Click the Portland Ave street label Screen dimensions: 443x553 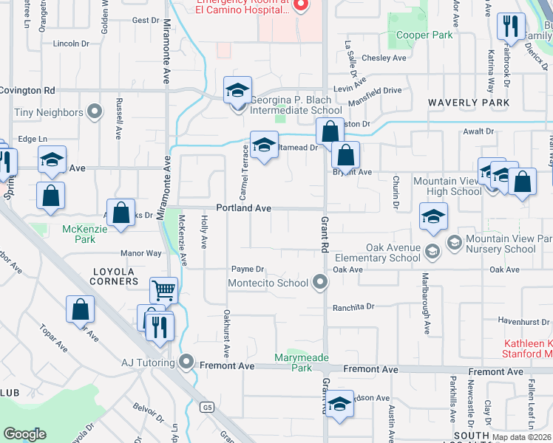243,208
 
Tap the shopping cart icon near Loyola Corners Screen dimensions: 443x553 163,289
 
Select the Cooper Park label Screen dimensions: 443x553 424,35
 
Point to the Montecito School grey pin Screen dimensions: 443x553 319,282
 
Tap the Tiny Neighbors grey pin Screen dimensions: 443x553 94,112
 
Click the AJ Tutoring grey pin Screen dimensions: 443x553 186,363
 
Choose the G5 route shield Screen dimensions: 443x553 208,407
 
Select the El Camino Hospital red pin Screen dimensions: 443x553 300,6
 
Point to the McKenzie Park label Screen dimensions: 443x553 79,234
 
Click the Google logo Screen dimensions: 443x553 24,433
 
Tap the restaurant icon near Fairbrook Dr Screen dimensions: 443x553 509,27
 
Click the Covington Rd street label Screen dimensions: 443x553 28,89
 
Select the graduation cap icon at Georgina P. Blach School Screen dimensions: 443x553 237,90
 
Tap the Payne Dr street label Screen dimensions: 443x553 248,269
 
